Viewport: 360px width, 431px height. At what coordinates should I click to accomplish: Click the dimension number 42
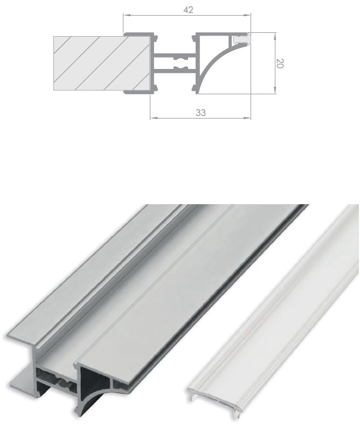point(188,10)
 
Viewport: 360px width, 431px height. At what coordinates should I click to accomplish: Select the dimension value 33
point(200,112)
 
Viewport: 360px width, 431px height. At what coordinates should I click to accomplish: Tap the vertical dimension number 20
point(279,63)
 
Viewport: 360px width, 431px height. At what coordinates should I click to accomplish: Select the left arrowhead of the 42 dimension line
point(126,16)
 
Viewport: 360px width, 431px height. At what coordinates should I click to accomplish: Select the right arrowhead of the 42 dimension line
point(251,16)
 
